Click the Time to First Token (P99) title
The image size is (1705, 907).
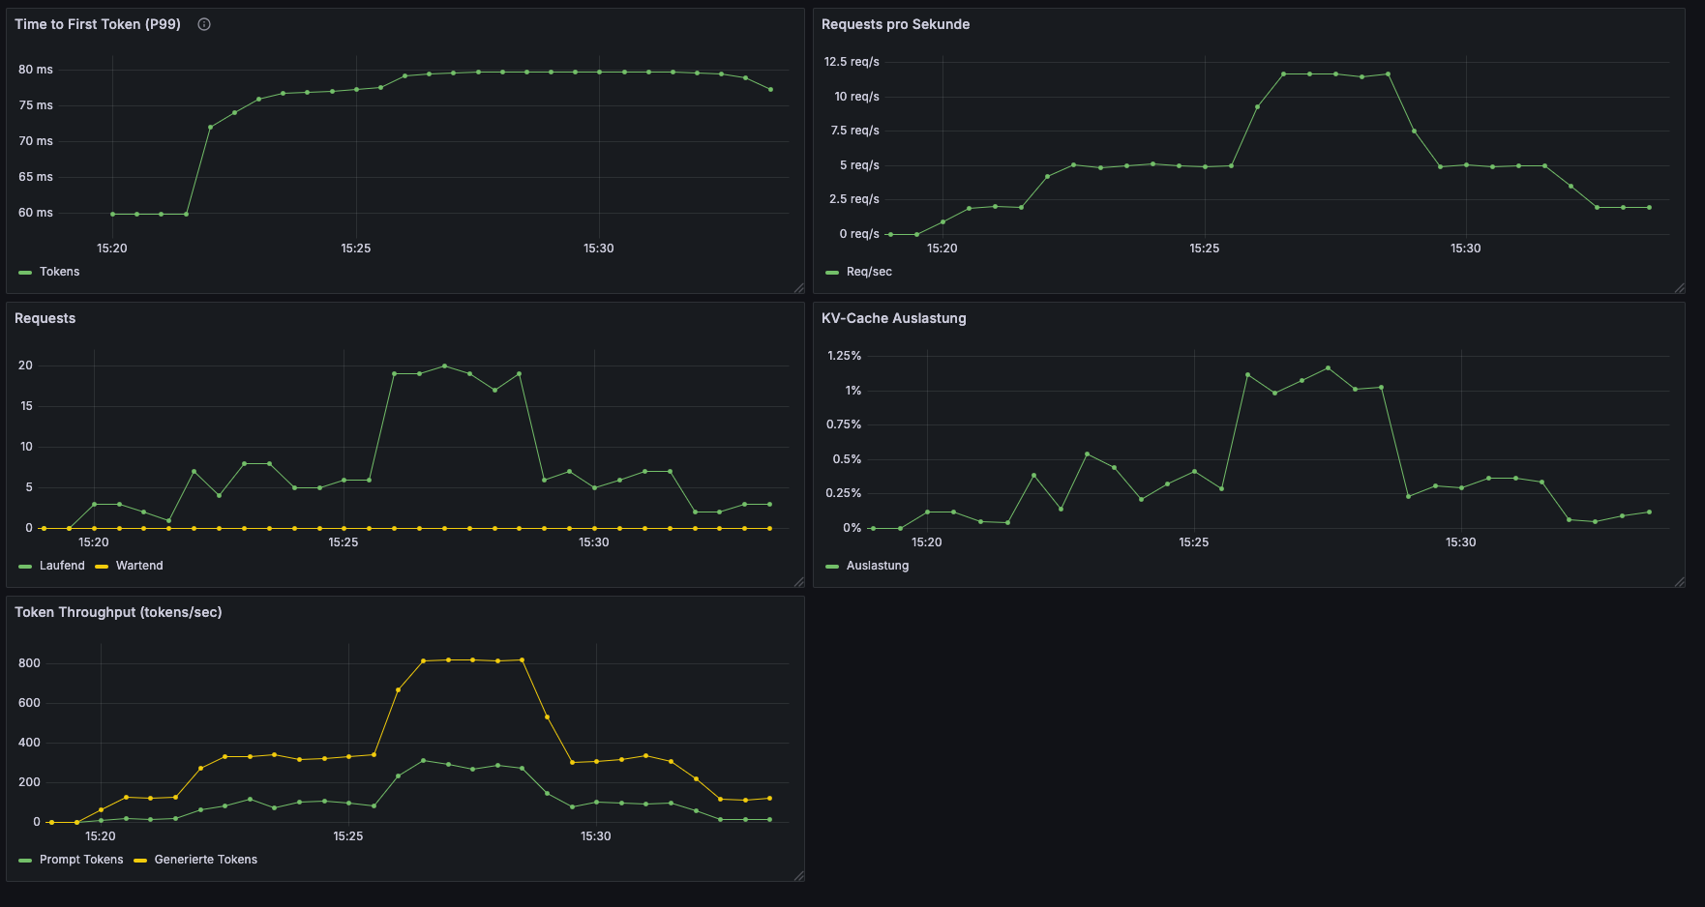click(98, 24)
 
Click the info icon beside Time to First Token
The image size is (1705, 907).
click(204, 24)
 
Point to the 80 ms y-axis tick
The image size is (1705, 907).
click(36, 70)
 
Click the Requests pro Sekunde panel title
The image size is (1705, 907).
click(895, 24)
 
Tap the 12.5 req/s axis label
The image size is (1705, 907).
click(852, 62)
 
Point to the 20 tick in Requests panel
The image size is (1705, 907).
click(25, 366)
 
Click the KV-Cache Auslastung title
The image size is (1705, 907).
click(893, 318)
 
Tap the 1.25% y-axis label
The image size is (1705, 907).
click(844, 356)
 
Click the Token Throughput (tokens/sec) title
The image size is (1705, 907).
click(118, 612)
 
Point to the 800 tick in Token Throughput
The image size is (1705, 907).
click(29, 663)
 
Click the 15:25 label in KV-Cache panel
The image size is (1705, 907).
click(1193, 542)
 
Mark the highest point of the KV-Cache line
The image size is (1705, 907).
click(1328, 367)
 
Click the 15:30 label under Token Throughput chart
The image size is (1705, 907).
click(595, 836)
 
